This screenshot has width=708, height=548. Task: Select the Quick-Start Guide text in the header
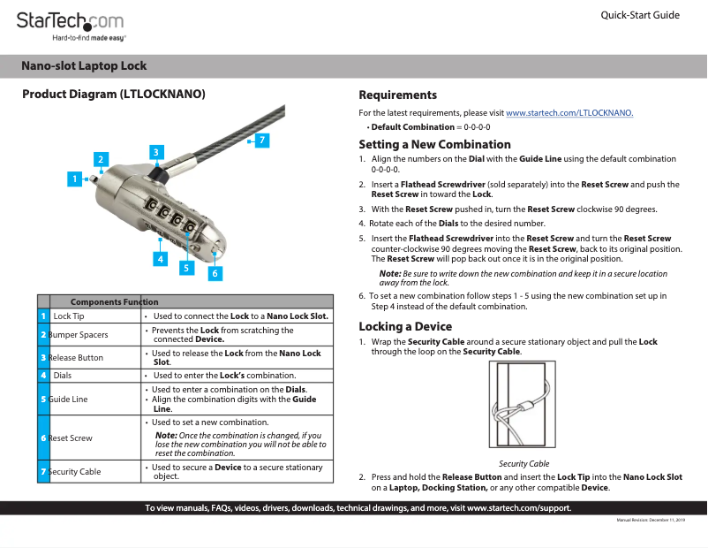click(x=639, y=15)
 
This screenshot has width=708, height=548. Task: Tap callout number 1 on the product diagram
click(x=75, y=179)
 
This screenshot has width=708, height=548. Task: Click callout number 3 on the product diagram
click(x=155, y=152)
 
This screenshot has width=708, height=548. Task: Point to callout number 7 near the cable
click(x=262, y=140)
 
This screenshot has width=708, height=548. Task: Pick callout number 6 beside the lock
click(x=214, y=274)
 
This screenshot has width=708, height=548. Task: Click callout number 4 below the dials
click(x=160, y=259)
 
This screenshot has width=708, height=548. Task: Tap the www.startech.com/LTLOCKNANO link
click(x=569, y=113)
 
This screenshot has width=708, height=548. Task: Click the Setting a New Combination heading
click(x=434, y=144)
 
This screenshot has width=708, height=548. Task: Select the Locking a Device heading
click(x=405, y=326)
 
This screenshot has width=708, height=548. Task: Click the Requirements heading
click(x=397, y=95)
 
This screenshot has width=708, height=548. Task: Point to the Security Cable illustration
click(x=523, y=407)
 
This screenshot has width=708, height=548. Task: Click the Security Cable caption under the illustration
click(x=523, y=463)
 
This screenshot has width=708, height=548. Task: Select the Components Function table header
click(x=114, y=301)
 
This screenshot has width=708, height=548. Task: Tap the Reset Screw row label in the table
click(x=71, y=438)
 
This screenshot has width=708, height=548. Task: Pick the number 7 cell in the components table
click(x=43, y=472)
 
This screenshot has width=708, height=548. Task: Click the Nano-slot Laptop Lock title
click(x=84, y=66)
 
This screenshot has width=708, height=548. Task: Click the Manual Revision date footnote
click(x=650, y=520)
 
